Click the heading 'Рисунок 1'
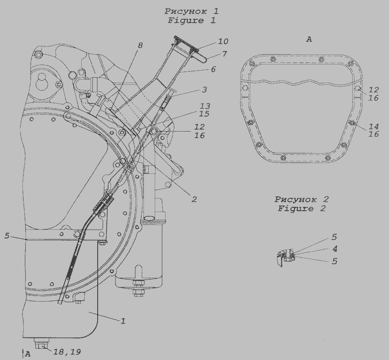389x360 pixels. (x=191, y=11)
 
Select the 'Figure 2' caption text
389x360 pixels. (x=301, y=209)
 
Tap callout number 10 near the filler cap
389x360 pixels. (x=223, y=41)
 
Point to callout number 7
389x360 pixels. (x=224, y=54)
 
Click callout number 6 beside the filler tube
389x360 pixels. (x=214, y=69)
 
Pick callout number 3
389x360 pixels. (x=204, y=90)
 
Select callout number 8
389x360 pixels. (x=140, y=45)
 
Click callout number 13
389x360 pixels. (x=205, y=106)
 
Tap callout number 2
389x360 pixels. (x=194, y=199)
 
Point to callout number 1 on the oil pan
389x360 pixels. (x=123, y=321)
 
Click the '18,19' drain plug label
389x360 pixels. (x=67, y=351)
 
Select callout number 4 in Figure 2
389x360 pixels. (x=335, y=248)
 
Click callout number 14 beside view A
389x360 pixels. (x=373, y=126)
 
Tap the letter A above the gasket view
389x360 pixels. (x=309, y=39)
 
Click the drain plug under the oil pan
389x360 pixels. (x=42, y=344)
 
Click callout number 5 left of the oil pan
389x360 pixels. (x=6, y=236)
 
